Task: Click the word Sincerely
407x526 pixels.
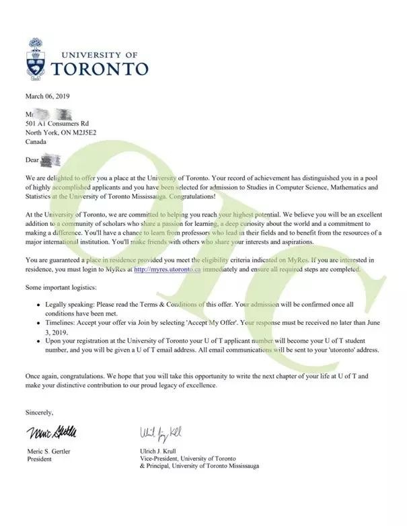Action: [x=39, y=412]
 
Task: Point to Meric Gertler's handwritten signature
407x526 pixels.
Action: [x=52, y=430]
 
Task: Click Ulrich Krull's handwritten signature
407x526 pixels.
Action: [x=160, y=430]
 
